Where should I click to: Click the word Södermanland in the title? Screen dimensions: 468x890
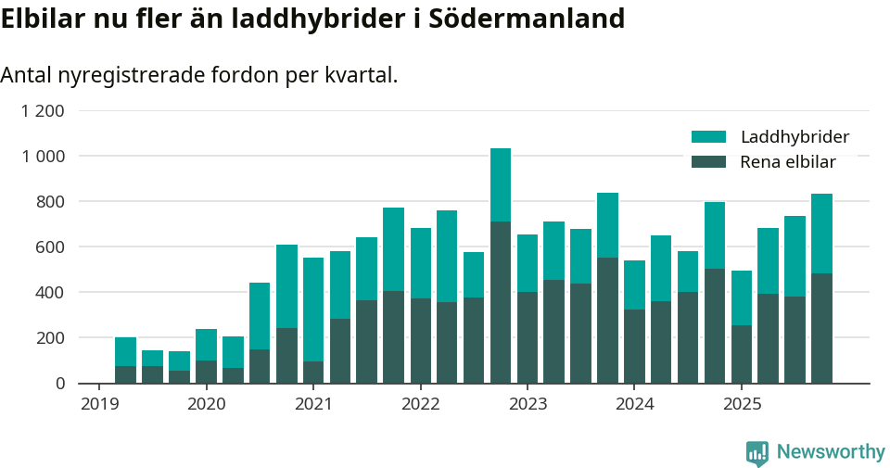click(x=527, y=19)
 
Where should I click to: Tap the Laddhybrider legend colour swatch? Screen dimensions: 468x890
click(x=708, y=137)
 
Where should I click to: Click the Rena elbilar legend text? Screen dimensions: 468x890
click(x=788, y=162)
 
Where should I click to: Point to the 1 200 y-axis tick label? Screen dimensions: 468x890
click(x=43, y=111)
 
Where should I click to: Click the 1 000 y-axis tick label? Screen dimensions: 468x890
click(x=43, y=157)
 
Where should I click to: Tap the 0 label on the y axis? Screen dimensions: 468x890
click(x=60, y=383)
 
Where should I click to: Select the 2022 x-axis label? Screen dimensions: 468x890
click(x=420, y=404)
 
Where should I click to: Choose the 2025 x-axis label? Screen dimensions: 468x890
click(x=742, y=404)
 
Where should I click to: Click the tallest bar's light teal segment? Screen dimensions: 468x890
click(x=501, y=184)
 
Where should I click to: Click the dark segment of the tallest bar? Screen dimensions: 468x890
click(x=501, y=302)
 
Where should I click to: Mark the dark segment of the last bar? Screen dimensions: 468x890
click(x=821, y=328)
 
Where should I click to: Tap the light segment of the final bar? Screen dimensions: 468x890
click(x=821, y=234)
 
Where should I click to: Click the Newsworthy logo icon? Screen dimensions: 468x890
click(x=757, y=452)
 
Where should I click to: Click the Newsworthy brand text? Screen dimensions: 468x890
click(x=831, y=452)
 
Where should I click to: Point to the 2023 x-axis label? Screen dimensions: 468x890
click(x=528, y=404)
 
